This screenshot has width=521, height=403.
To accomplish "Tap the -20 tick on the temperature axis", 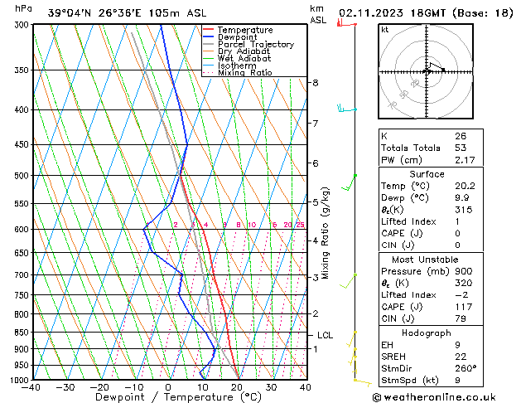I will click(99, 387).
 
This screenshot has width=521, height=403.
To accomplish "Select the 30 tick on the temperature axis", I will click(271, 387).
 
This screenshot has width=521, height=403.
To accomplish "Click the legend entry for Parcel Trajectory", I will click(255, 44).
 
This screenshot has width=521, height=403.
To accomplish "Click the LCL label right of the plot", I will click(325, 335).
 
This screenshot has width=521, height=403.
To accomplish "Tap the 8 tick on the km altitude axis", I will click(316, 83).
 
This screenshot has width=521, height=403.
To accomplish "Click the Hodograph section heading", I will click(427, 333).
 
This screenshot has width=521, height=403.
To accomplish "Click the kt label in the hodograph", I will click(385, 30).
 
